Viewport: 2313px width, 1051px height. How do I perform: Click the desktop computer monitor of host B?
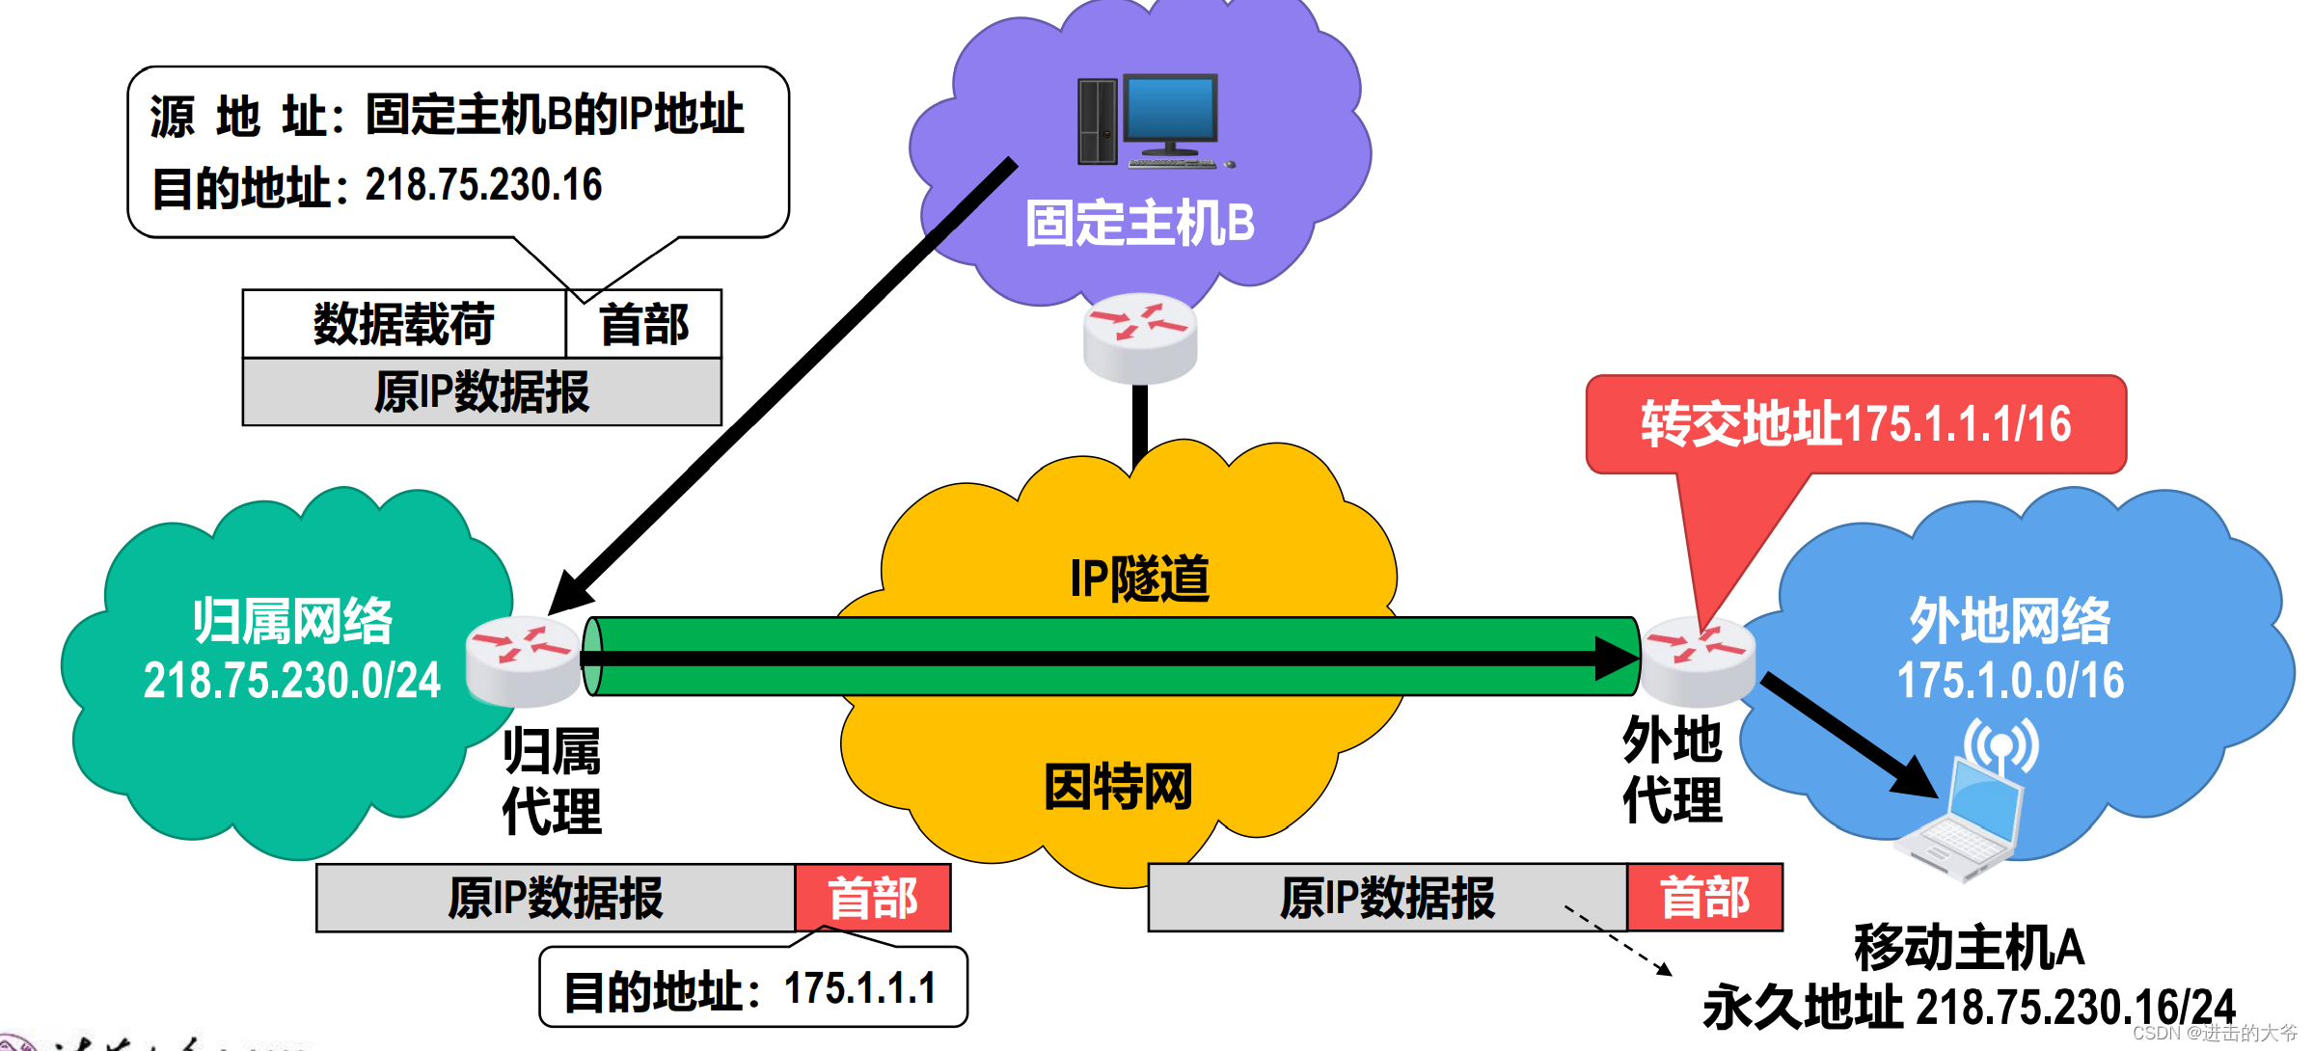coord(1170,114)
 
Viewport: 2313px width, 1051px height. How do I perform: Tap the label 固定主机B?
coord(1139,224)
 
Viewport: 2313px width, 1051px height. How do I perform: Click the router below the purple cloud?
coord(1139,337)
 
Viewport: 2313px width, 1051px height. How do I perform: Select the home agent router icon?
coord(522,660)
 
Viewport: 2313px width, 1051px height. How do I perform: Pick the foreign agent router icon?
coord(1698,660)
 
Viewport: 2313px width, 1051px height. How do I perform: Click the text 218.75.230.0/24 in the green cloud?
coord(291,681)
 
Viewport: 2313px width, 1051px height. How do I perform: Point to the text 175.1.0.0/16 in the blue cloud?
coord(2010,681)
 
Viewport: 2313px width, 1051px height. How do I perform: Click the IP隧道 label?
coord(1139,579)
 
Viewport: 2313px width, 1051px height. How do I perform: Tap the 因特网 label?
coord(1119,787)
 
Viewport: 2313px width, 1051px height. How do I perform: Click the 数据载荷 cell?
coord(404,324)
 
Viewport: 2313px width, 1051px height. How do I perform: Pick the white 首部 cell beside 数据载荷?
coord(643,324)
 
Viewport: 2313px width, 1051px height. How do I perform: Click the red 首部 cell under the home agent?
coord(873,898)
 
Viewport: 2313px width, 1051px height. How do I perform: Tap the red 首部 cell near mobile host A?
coord(1704,898)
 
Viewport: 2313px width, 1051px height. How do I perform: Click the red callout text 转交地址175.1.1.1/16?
coord(1856,424)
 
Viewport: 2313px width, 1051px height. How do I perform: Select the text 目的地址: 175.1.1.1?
coord(750,989)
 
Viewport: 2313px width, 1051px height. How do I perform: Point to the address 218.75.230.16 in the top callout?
coord(483,185)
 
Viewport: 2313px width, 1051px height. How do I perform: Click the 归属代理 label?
coord(552,781)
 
